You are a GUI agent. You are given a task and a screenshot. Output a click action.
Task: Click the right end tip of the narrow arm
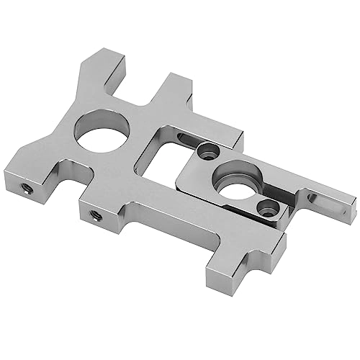351,210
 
